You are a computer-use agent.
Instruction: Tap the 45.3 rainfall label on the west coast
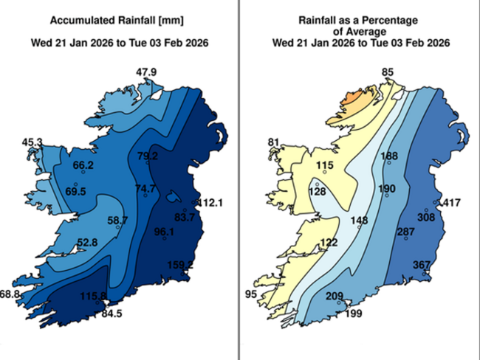pos(32,142)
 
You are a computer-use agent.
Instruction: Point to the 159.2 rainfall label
pos(179,265)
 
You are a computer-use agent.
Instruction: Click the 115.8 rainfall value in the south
pos(94,296)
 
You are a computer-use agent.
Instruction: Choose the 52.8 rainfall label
pos(87,242)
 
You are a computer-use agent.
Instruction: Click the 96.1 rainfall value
pos(164,232)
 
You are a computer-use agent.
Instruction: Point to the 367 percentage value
pos(422,265)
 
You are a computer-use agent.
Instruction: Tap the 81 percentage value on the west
pos(274,142)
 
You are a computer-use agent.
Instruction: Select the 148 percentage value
pos(360,221)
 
